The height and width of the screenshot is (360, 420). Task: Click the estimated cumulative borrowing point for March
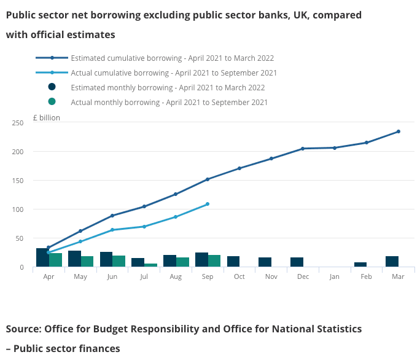click(x=399, y=131)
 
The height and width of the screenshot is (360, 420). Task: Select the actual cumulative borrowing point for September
click(x=208, y=204)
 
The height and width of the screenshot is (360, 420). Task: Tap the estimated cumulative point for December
click(x=303, y=149)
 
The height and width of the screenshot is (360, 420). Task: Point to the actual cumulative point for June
click(x=112, y=230)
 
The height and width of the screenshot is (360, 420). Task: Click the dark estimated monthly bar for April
click(x=42, y=257)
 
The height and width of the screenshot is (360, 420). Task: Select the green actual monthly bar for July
click(x=150, y=265)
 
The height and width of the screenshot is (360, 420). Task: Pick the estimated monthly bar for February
click(x=360, y=264)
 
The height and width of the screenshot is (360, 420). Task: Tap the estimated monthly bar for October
click(x=233, y=261)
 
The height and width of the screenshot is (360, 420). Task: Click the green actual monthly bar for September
click(x=214, y=260)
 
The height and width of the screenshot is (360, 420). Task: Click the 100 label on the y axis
click(x=17, y=209)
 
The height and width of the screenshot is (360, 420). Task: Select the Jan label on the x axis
click(x=334, y=277)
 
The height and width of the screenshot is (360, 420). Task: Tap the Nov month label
click(x=271, y=277)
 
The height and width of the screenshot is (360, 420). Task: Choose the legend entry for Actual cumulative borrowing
click(x=174, y=72)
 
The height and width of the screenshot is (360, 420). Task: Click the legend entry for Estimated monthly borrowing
click(x=168, y=87)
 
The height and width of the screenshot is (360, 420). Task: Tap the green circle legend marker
click(x=52, y=102)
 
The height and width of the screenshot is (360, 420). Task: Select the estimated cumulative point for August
click(x=176, y=194)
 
